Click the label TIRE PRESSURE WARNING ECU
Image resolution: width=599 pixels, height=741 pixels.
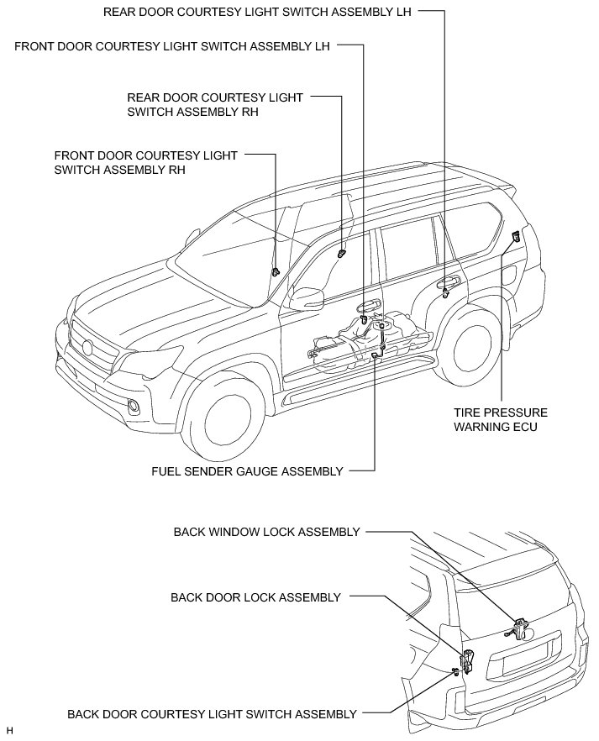(x=500, y=419)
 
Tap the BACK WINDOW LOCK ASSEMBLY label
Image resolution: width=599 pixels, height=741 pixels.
(x=266, y=532)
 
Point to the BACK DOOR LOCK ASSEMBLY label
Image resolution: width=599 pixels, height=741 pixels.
(x=255, y=597)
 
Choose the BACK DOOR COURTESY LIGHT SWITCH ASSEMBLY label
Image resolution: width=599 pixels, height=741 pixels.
(x=212, y=714)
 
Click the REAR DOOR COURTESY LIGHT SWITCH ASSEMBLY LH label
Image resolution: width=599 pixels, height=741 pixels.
(x=258, y=12)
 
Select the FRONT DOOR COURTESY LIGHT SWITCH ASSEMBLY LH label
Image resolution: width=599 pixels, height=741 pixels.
(x=172, y=45)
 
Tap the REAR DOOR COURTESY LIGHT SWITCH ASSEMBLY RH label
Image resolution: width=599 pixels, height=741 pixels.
(x=215, y=104)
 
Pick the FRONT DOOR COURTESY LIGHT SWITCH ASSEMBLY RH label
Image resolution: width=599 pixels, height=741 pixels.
(x=145, y=161)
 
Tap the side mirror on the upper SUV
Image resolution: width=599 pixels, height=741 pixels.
(x=307, y=297)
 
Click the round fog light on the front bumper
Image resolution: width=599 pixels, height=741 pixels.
(x=133, y=408)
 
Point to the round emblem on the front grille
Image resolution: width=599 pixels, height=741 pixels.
(x=87, y=348)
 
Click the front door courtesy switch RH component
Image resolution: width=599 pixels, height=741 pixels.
(x=276, y=271)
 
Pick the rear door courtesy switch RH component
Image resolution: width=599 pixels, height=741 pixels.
(x=341, y=252)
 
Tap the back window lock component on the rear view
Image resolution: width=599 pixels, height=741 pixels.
(x=518, y=627)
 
